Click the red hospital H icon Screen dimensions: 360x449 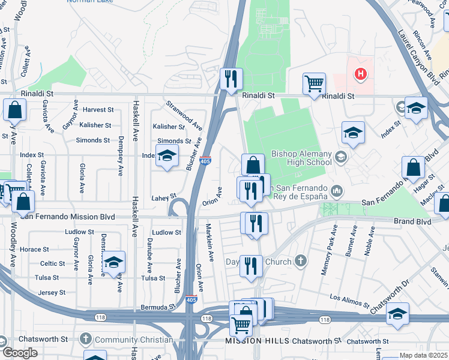[360, 74]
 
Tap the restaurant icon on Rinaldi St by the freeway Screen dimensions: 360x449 [231, 79]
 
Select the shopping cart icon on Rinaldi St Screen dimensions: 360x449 [313, 84]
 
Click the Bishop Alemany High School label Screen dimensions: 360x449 [301, 157]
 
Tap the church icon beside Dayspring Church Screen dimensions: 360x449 [300, 262]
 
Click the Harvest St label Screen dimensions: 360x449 [98, 110]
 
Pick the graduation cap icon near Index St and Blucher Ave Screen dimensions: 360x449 [167, 156]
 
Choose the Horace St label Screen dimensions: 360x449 [35, 249]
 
